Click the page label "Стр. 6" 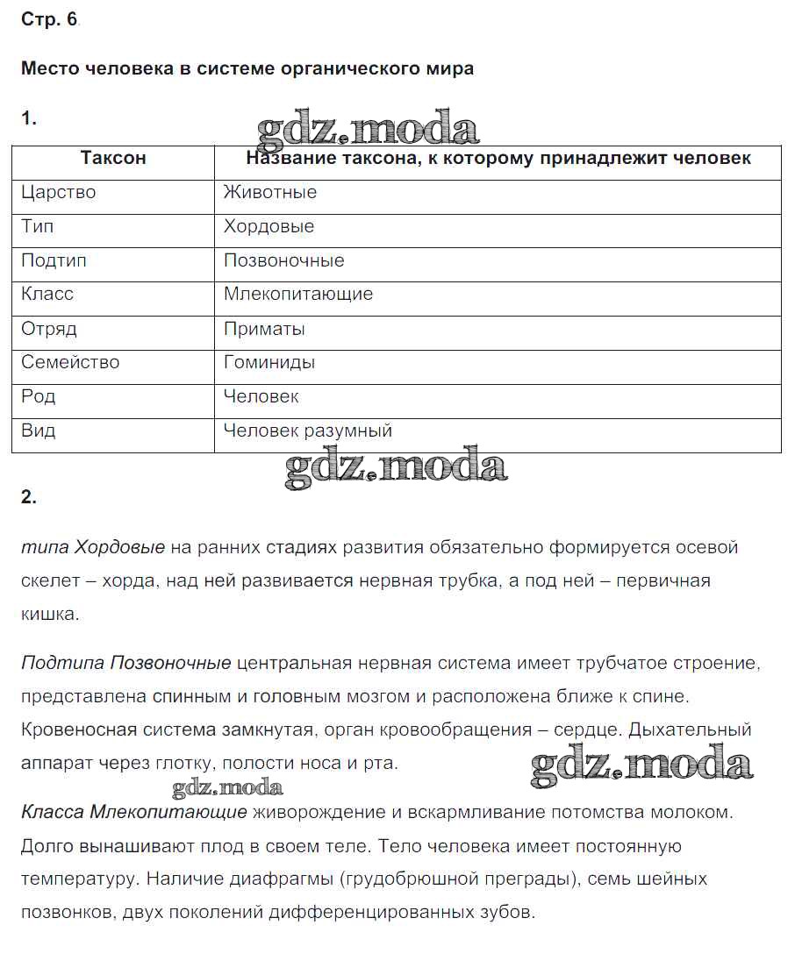pyautogui.click(x=48, y=20)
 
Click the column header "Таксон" pyautogui.click(x=113, y=159)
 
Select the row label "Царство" pyautogui.click(x=59, y=193)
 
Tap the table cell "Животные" pyautogui.click(x=270, y=193)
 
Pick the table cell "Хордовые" pyautogui.click(x=269, y=227)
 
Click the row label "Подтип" pyautogui.click(x=54, y=261)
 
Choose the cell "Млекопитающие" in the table pyautogui.click(x=298, y=295)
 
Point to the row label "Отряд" pyautogui.click(x=49, y=329)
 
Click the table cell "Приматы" pyautogui.click(x=264, y=329)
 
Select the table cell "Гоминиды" pyautogui.click(x=269, y=363)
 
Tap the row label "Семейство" pyautogui.click(x=70, y=363)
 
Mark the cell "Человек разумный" pyautogui.click(x=308, y=431)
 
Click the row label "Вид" pyautogui.click(x=39, y=431)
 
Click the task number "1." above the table pyautogui.click(x=29, y=118)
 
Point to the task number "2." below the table pyautogui.click(x=29, y=497)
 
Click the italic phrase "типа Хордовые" pyautogui.click(x=93, y=548)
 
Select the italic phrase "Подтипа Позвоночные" pyautogui.click(x=126, y=663)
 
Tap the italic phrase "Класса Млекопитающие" pyautogui.click(x=134, y=812)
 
